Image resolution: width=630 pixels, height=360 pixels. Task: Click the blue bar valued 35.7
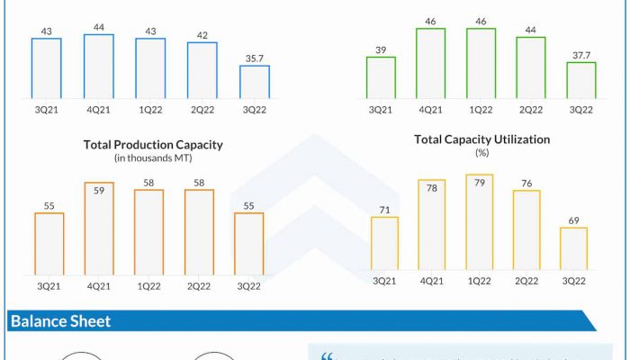coord(255,82)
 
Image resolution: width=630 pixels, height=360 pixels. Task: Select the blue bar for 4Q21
coord(99,67)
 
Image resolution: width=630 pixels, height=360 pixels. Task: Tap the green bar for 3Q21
coord(381,77)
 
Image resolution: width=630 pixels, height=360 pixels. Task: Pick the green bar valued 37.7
coord(581,80)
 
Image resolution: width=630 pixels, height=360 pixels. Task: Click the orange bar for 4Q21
coord(99,229)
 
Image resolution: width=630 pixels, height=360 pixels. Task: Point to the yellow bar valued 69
coord(573,248)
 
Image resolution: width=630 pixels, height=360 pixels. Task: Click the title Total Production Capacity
coord(153,144)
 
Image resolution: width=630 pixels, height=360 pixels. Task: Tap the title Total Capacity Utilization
coord(481,139)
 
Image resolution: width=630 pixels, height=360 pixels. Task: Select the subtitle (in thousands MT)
coord(153,158)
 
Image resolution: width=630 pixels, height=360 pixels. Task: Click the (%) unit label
coord(481,153)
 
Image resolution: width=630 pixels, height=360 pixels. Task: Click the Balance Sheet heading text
coord(60,321)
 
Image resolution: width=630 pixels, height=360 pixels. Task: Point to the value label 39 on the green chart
coord(381,50)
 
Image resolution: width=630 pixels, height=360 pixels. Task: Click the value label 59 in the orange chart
coord(99,191)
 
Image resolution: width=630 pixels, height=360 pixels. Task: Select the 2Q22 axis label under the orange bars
coord(199,286)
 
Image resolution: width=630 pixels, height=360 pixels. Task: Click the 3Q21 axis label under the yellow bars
coord(384,281)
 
